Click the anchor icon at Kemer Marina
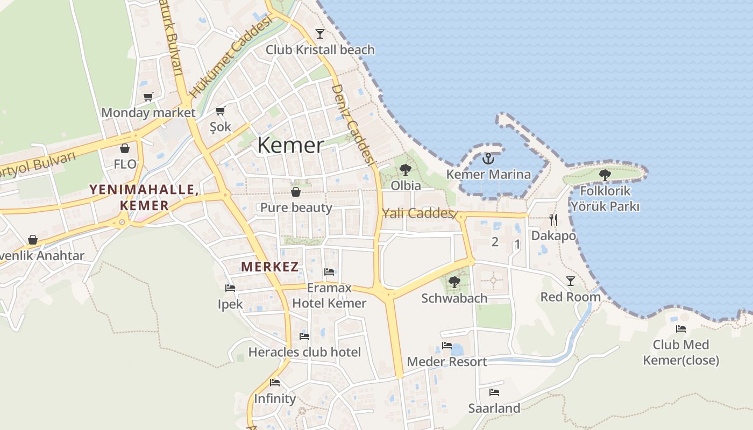488,159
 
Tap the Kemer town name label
290,145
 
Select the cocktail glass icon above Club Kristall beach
320,34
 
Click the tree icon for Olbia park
406,170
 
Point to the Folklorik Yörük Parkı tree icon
605,175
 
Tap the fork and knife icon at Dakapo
553,219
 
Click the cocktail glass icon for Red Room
570,281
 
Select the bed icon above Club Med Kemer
681,329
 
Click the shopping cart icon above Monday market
148,97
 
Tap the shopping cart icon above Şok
220,111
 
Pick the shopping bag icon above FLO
125,148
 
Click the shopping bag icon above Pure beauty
295,192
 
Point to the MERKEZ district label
270,267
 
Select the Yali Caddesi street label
417,213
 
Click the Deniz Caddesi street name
352,124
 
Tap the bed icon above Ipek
230,288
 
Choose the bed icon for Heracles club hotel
304,336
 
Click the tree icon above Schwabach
454,282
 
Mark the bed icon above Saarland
494,392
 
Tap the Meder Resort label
447,362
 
